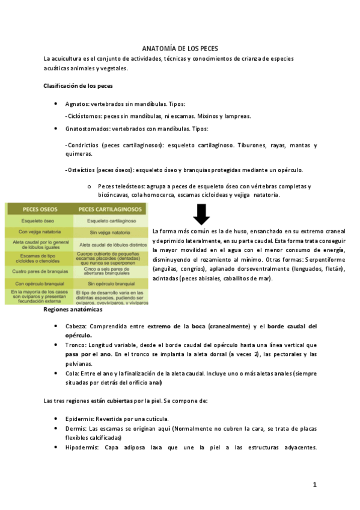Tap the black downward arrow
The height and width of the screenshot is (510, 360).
[x=201, y=215]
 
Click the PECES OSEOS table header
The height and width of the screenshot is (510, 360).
[x=40, y=209]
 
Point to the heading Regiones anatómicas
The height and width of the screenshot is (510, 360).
[x=73, y=310]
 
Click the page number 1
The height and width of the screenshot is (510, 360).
[x=314, y=485]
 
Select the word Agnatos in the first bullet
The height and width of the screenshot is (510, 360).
[x=77, y=104]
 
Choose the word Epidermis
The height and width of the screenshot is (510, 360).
[x=81, y=418]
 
